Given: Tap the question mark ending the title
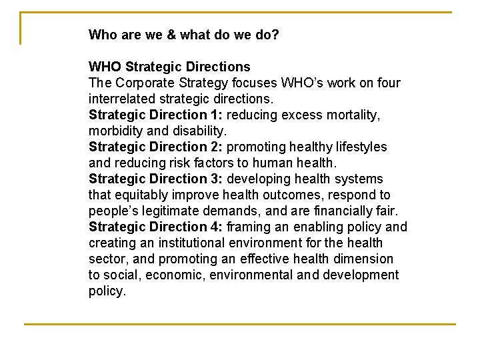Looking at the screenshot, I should coord(275,35).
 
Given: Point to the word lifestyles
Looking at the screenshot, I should coord(360,147).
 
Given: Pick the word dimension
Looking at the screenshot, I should coord(360,259).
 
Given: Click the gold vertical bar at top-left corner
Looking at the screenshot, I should coord(21,28).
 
